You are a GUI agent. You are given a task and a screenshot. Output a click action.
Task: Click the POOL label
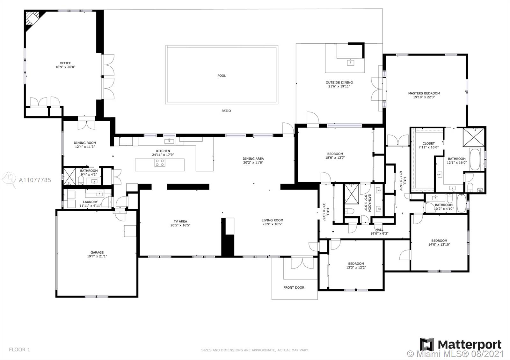[x=222, y=76]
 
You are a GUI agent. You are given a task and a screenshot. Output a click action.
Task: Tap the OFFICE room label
[x=65, y=63]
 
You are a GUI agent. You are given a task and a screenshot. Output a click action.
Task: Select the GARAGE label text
[x=97, y=252]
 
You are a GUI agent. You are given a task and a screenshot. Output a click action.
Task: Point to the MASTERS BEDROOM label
[x=424, y=93]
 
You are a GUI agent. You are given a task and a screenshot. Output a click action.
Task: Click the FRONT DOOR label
[x=294, y=287]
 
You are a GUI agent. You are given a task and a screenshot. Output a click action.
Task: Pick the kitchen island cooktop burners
[x=160, y=163]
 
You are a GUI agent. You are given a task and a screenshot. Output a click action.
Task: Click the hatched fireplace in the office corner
[x=32, y=18]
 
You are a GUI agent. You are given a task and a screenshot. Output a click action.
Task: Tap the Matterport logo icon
[x=427, y=344]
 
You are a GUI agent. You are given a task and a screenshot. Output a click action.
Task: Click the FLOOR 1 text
[x=19, y=349]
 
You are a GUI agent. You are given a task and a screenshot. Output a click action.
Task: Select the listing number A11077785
[x=35, y=180]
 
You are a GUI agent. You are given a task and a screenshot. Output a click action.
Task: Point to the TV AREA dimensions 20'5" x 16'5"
[x=180, y=225]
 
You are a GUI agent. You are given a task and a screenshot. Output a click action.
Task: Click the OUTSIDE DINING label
[x=339, y=83]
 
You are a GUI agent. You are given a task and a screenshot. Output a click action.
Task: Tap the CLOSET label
[x=428, y=143]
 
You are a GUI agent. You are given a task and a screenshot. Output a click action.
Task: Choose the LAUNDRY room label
[x=90, y=202]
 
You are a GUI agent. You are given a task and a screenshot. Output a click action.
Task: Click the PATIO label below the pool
[x=226, y=111]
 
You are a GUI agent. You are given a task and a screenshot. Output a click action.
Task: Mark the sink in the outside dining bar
[x=350, y=62]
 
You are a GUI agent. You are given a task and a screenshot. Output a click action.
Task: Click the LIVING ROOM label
[x=272, y=220]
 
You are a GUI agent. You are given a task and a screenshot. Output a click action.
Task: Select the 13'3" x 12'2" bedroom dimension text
[x=356, y=267]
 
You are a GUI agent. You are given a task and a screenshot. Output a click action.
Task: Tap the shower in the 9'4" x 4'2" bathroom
[x=69, y=176]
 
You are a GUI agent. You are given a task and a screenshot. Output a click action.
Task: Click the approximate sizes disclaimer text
[x=255, y=350]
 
